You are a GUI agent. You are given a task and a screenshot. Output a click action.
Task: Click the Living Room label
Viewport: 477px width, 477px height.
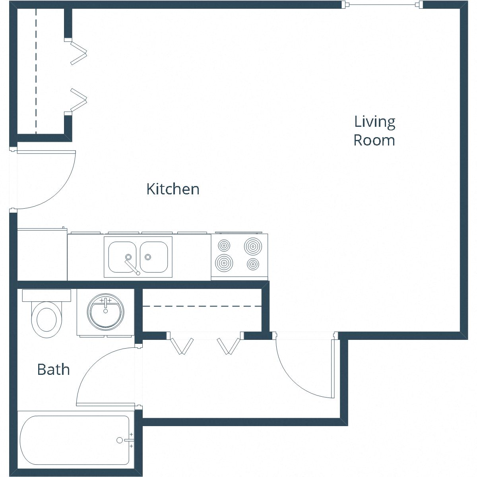coord(374,131)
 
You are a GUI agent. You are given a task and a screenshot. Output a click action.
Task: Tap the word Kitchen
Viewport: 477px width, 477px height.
coord(173,189)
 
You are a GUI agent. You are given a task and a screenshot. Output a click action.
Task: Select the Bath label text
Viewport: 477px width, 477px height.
coord(53,369)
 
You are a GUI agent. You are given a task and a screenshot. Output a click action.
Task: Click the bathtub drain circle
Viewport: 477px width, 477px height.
coord(120,440)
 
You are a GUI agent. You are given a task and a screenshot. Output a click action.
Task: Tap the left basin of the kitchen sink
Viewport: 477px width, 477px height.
coord(122,256)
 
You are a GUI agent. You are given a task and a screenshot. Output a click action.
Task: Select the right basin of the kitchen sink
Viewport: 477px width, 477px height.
coord(153,256)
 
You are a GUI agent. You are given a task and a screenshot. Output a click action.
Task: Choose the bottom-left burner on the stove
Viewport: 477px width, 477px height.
coord(224,262)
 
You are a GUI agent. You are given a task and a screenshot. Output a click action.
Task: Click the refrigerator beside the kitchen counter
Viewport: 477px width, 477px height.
coord(42,255)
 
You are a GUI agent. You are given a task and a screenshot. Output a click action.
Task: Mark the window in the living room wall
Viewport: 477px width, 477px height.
coord(383,5)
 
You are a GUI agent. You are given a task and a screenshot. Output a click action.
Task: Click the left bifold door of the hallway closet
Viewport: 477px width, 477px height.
coord(181,346)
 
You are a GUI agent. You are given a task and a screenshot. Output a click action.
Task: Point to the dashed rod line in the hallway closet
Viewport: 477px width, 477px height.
coord(202,306)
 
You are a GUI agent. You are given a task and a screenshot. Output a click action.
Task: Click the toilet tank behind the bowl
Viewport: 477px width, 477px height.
coord(47,295)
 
